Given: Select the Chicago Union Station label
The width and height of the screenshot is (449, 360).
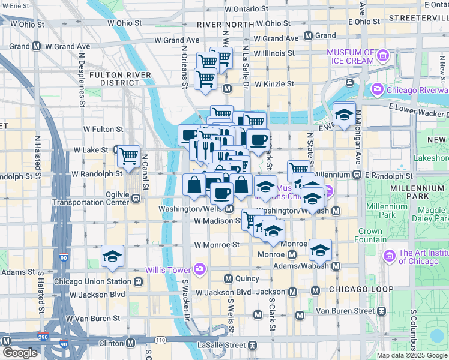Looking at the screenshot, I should click(92, 281).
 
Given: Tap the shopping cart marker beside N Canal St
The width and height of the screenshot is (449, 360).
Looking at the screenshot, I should click(128, 157).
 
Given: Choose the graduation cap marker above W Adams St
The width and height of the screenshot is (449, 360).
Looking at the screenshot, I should click(112, 257).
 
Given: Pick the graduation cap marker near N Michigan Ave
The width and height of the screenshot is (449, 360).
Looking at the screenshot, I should click(344, 115).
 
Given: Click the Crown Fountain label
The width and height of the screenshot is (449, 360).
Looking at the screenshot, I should click(371, 235).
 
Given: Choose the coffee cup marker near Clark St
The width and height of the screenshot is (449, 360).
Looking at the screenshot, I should click(258, 140).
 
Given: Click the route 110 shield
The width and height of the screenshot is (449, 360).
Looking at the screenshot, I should click(160, 340).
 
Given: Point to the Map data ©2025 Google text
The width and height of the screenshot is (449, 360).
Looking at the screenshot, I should click(412, 355).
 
